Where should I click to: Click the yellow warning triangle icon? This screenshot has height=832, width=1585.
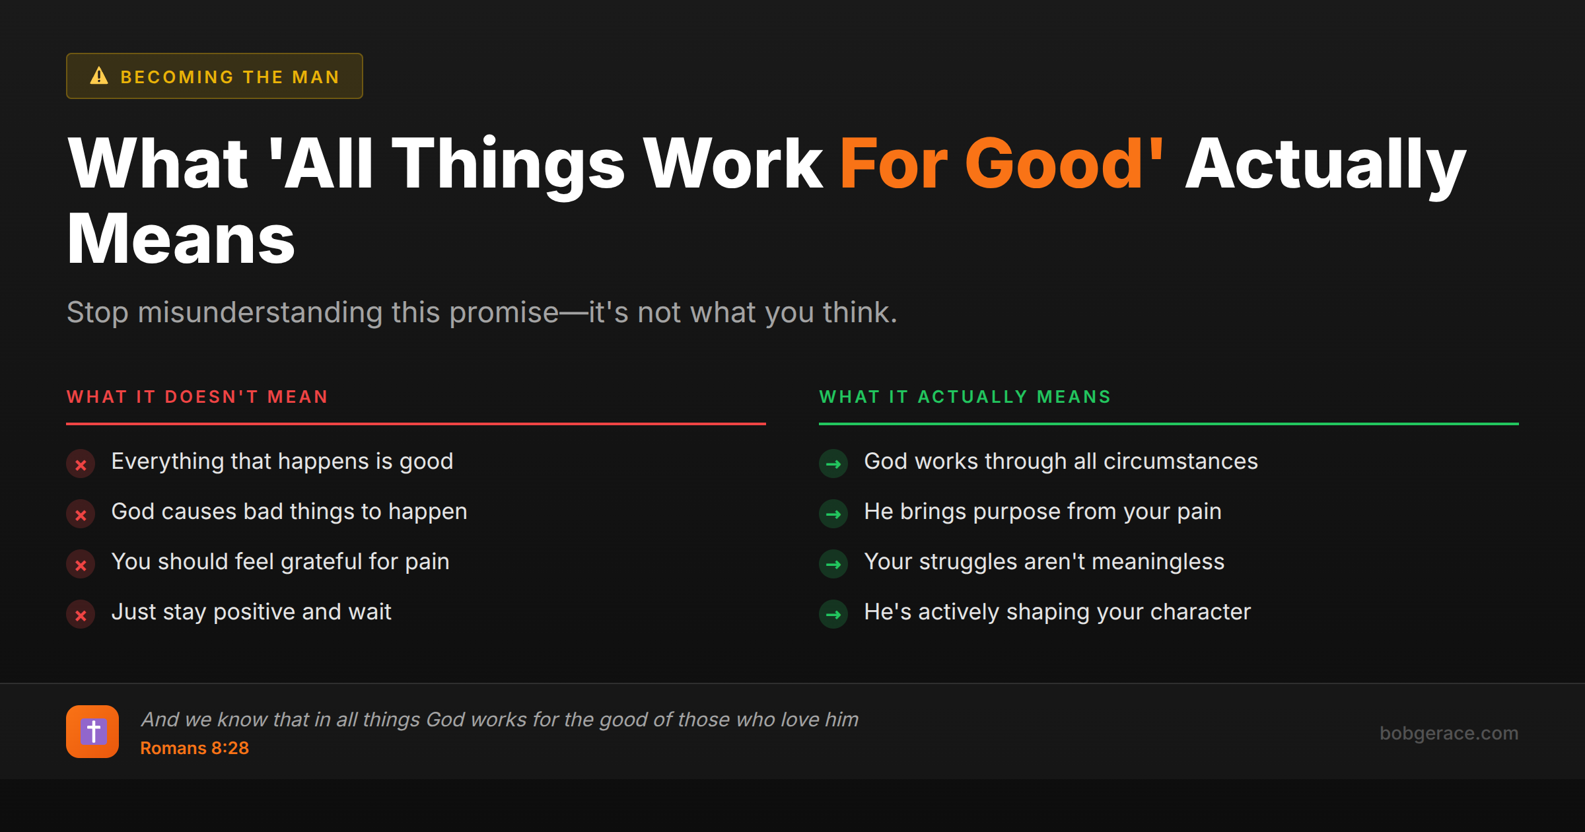[99, 76]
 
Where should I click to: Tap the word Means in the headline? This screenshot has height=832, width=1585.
[181, 239]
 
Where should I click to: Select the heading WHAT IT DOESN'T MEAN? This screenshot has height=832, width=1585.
[197, 397]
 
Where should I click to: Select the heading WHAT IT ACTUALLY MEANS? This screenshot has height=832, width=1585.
[965, 397]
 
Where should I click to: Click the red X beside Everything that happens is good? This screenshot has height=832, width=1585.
[81, 464]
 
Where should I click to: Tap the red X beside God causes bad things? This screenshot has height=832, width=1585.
[81, 514]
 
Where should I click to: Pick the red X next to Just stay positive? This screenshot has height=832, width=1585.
[81, 615]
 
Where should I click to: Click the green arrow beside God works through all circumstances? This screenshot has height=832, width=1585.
[833, 464]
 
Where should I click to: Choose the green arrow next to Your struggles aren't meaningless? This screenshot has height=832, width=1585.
[833, 565]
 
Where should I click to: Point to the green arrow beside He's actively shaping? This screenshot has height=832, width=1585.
[833, 615]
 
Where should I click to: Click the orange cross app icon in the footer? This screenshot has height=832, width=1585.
[92, 732]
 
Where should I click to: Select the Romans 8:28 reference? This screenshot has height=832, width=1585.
[194, 748]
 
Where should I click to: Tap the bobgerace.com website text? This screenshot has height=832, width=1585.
[1449, 733]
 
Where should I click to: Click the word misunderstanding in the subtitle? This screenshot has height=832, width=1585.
[260, 312]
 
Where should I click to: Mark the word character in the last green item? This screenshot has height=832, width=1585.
[1200, 612]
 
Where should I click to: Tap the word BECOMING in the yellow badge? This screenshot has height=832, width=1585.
[177, 77]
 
